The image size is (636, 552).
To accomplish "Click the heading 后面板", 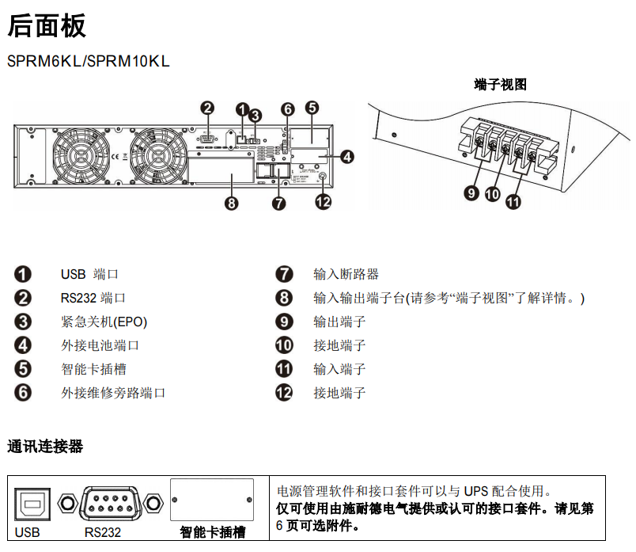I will [47, 26].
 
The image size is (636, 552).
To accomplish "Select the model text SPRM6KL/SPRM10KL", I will [88, 61].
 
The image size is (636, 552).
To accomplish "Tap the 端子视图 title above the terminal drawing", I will [500, 85].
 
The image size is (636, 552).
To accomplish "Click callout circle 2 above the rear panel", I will [207, 108].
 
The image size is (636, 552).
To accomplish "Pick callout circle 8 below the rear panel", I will [231, 204].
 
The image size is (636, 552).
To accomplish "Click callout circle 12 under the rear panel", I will [323, 202].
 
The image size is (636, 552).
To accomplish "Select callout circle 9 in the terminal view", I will [471, 192].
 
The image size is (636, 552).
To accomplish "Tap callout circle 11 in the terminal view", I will [513, 202].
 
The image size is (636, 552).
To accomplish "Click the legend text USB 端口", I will [89, 275].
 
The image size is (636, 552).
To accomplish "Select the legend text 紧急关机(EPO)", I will [104, 322].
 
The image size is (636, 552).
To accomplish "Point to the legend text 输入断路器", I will [346, 275].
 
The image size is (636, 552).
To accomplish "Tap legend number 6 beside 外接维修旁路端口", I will [23, 393].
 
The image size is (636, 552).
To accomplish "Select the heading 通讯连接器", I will [45, 447].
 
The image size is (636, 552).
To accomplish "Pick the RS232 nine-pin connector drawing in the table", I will [112, 502].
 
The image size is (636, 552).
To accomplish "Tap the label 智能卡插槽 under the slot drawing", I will [212, 531].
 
